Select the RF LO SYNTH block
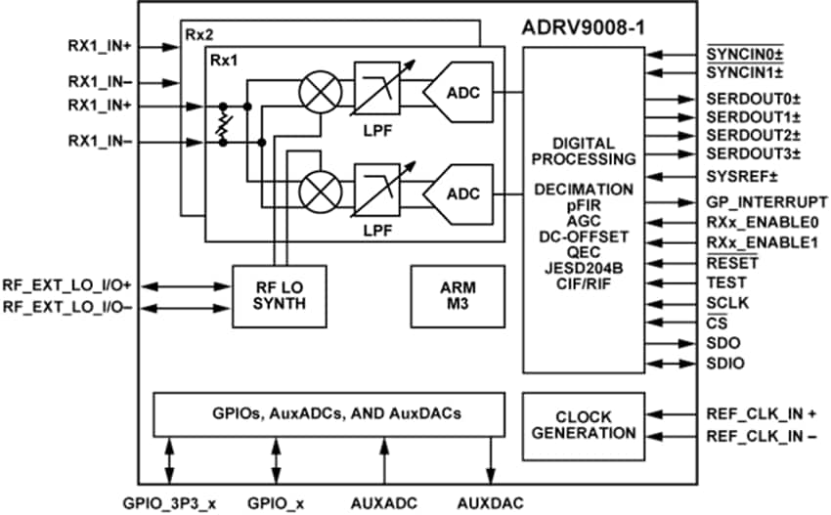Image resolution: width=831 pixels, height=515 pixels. [x=278, y=293]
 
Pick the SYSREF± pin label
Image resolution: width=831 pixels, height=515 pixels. [x=740, y=176]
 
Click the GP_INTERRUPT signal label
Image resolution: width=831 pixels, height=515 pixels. [x=760, y=201]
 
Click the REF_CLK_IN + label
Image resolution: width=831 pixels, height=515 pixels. [x=761, y=413]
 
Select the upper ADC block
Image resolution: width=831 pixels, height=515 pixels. [x=460, y=94]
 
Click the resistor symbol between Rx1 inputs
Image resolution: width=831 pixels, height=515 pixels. [x=224, y=123]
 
